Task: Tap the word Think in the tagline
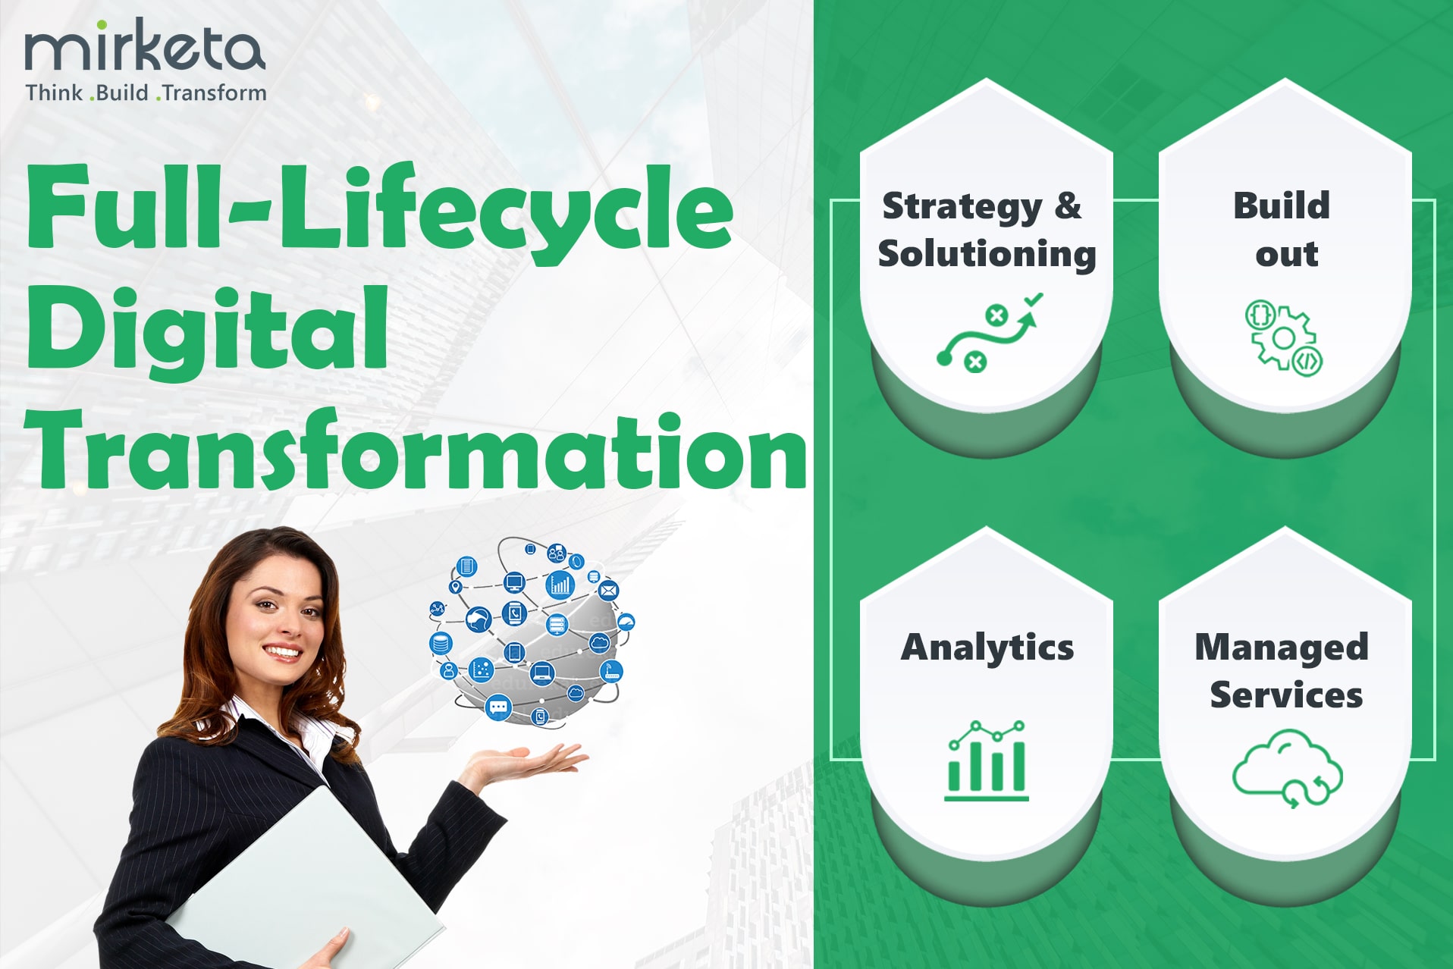[x=54, y=93]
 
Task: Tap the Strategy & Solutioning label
[x=987, y=230]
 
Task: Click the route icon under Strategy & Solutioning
[x=990, y=332]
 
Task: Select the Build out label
[x=1283, y=230]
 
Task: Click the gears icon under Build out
[x=1283, y=337]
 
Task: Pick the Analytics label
[x=987, y=647]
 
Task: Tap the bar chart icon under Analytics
[x=987, y=760]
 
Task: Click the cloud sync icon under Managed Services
[x=1287, y=768]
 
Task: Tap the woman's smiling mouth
[x=282, y=651]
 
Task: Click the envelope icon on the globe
[x=608, y=589]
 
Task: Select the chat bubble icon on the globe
[x=498, y=707]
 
